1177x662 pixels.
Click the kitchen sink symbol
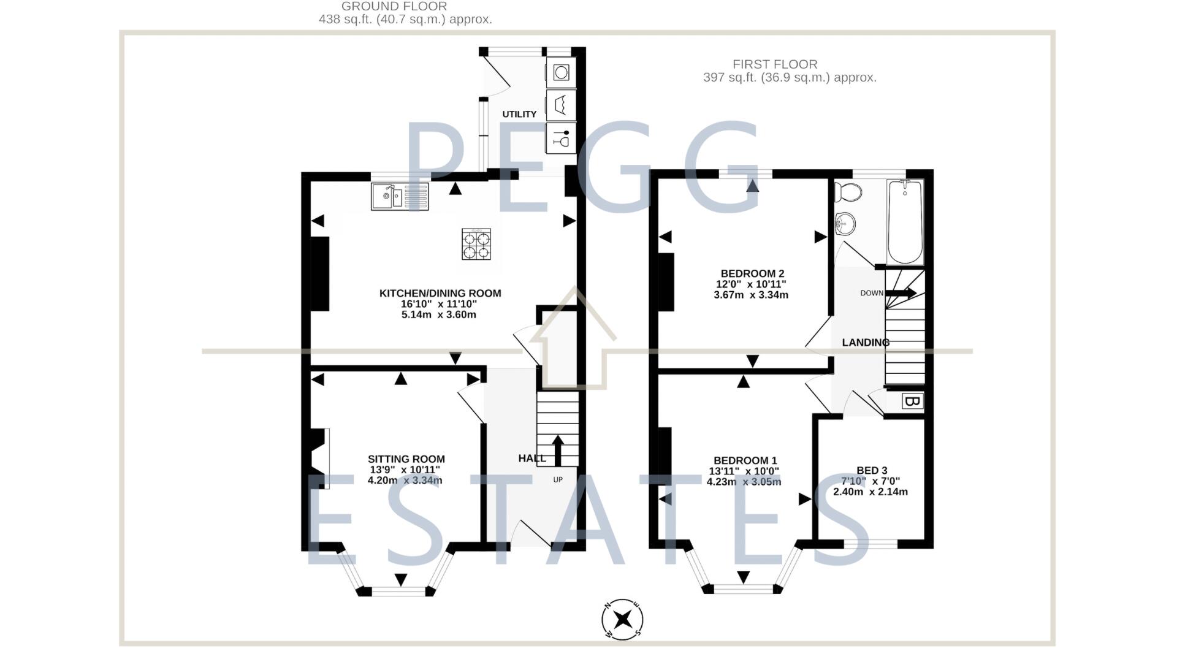[x=399, y=197]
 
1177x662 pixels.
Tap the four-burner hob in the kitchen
[x=476, y=244]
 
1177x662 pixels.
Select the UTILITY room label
[x=519, y=114]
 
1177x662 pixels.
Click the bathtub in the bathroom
[x=905, y=222]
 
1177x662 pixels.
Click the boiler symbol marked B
[x=912, y=402]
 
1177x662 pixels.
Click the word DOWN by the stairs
[x=871, y=293]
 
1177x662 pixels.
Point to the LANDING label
[x=865, y=343]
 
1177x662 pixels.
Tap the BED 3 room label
[x=872, y=471]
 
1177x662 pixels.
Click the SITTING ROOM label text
[x=406, y=459]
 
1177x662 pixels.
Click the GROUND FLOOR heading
[x=394, y=6]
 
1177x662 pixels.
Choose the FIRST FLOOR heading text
[x=775, y=64]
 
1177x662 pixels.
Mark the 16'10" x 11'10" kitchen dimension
[x=440, y=304]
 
